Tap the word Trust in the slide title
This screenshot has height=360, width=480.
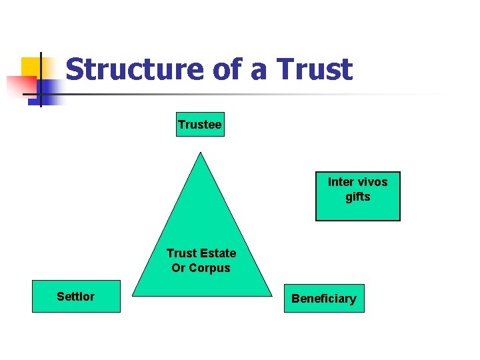tap(314, 69)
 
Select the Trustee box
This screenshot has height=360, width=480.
tap(200, 124)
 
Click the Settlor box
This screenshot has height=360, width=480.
tap(76, 297)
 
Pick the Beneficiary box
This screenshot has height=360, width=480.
tap(323, 298)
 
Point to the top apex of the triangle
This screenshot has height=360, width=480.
tap(201, 153)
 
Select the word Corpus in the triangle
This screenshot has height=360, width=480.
tap(210, 268)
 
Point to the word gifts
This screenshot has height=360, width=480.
tap(357, 197)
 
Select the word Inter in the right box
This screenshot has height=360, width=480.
tap(341, 182)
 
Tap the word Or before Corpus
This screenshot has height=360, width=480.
tap(179, 268)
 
